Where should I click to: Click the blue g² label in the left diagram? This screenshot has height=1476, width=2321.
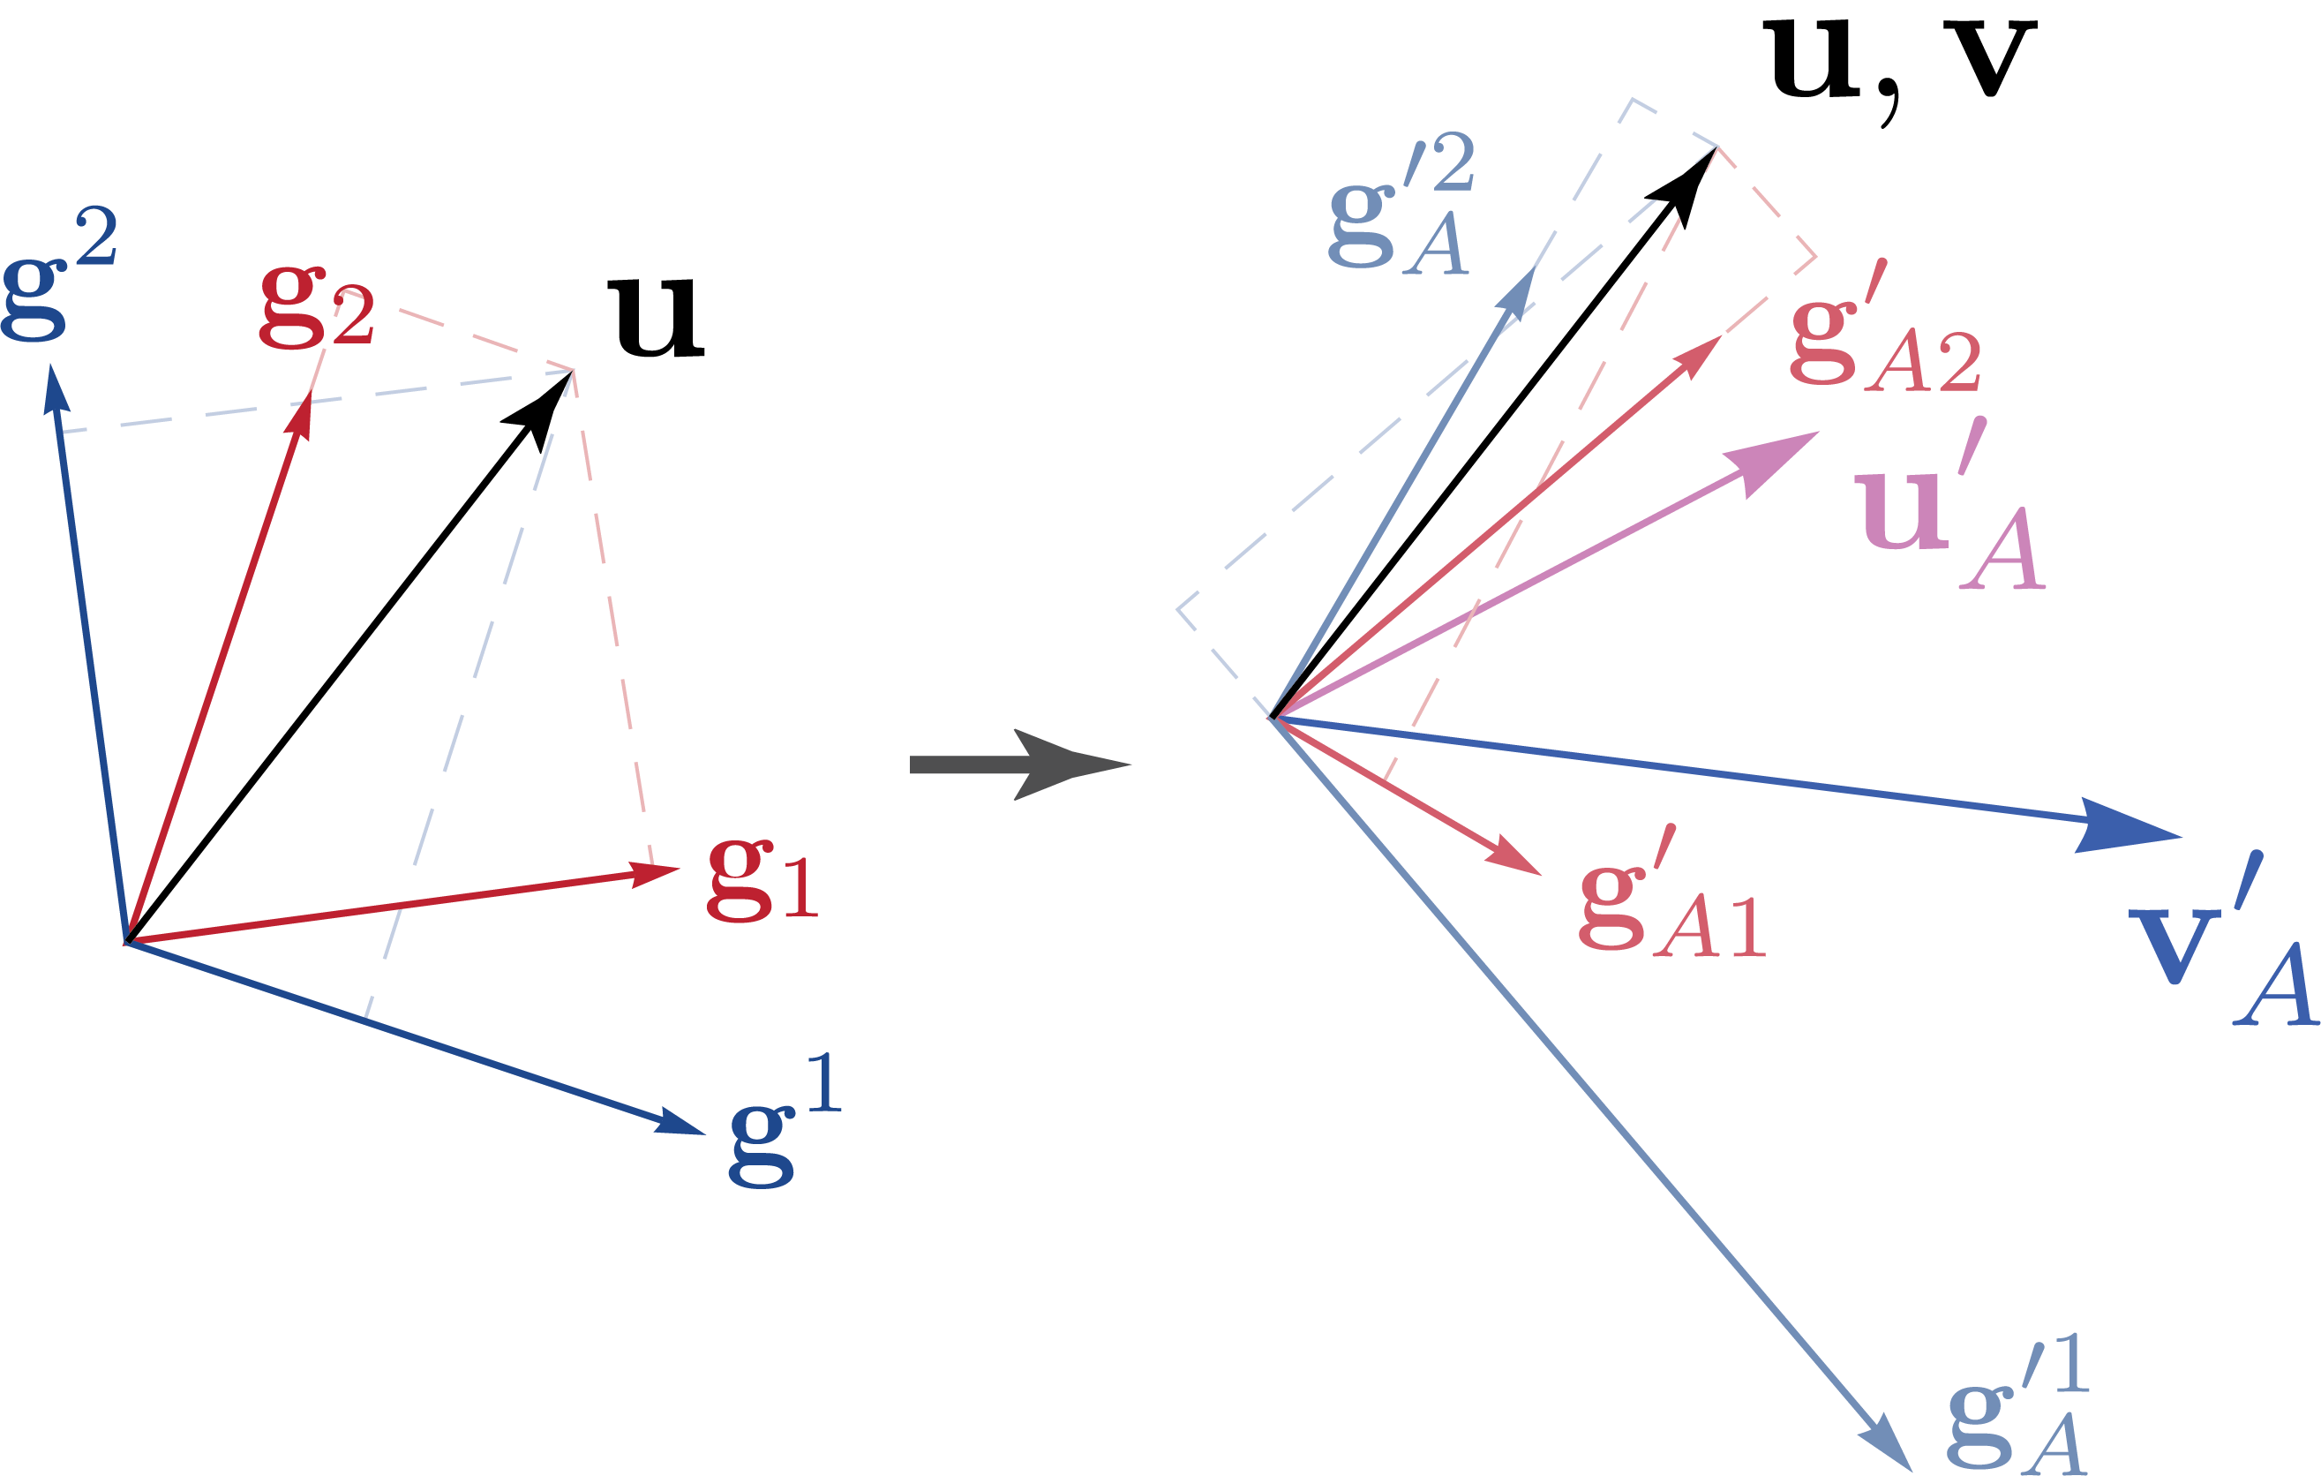(58, 275)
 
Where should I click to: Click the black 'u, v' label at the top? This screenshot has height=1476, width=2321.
(1899, 63)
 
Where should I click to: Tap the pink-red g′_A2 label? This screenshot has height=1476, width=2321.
(1884, 333)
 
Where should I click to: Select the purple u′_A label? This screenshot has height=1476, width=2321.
(1947, 511)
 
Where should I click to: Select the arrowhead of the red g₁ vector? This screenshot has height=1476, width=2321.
(656, 872)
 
